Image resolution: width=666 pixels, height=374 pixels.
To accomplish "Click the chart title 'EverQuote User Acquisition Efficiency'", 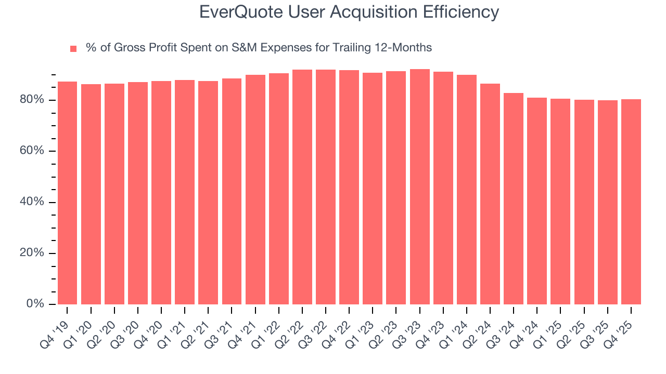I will click(x=349, y=12).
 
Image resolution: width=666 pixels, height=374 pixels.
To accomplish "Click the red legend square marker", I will click(x=73, y=49).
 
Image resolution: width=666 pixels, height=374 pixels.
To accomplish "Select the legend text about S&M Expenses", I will click(x=259, y=48).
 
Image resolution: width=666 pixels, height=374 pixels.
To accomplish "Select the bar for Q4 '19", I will click(x=67, y=192).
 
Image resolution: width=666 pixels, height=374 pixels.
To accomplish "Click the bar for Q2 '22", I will click(x=302, y=187).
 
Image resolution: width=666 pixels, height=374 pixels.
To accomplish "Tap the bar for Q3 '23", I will click(x=420, y=187).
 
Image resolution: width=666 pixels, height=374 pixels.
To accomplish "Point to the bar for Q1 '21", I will click(x=185, y=192).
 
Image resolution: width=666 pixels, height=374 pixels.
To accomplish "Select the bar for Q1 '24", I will click(x=467, y=190).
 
